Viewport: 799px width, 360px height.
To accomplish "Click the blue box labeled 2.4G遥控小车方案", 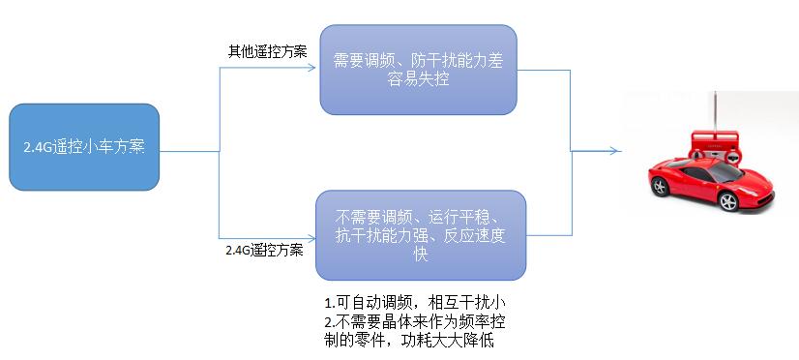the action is click(83, 147).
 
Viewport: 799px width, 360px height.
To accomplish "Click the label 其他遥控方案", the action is click(267, 51).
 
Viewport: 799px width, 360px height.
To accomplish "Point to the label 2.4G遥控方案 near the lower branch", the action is click(263, 250).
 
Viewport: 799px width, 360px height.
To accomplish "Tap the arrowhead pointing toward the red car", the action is click(614, 150).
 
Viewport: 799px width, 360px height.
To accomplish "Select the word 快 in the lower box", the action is click(420, 254).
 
